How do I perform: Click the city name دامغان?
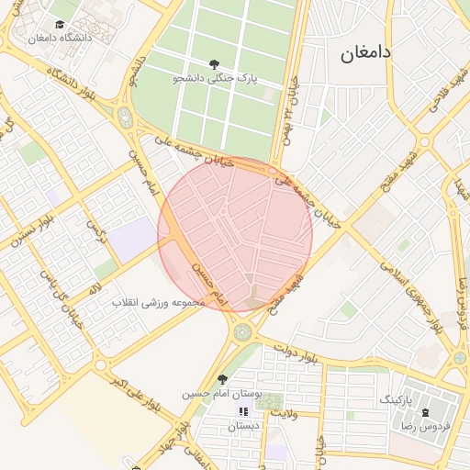pos(366,52)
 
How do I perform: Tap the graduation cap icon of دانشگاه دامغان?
pos(60,24)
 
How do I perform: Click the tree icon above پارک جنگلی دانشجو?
pos(214,64)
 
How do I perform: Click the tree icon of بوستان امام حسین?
pos(222,379)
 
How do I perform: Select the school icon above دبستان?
pos(243,412)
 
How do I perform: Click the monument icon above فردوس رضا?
pos(426,412)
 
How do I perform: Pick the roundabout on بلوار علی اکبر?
pos(100,364)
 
